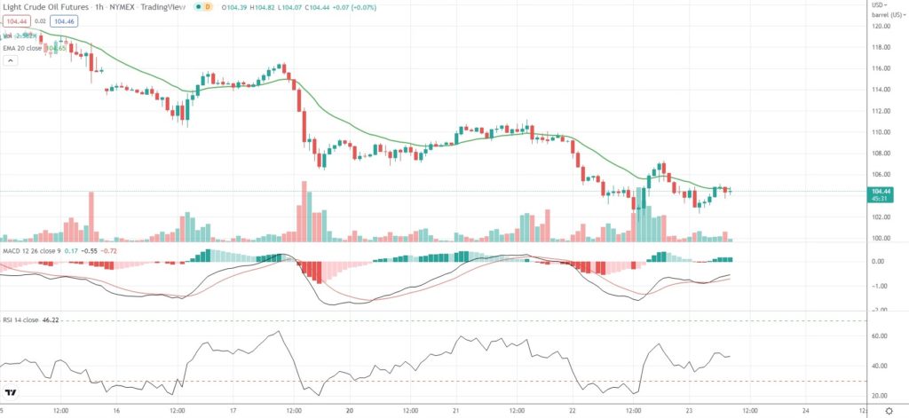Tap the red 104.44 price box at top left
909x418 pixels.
16,21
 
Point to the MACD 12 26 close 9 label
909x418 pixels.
35,252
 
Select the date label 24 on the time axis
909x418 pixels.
804,411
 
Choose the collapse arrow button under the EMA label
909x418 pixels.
11,61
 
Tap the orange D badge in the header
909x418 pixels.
209,6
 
